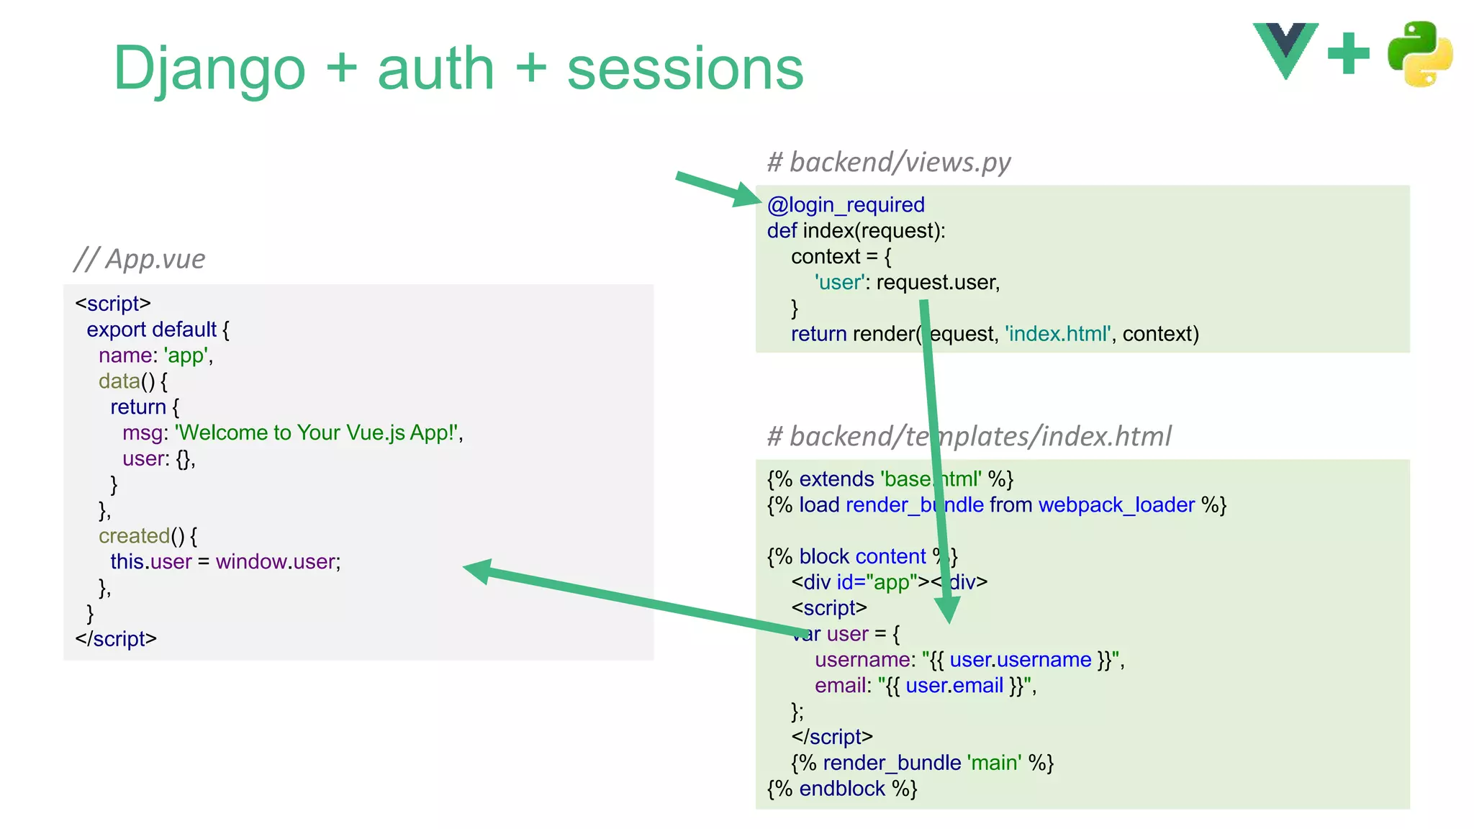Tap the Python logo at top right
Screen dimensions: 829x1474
click(x=1419, y=54)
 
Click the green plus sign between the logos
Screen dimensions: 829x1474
click(x=1348, y=53)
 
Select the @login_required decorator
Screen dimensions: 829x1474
click(x=846, y=205)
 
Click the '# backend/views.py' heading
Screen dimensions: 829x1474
click(x=888, y=162)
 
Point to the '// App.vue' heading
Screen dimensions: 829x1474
click(x=140, y=259)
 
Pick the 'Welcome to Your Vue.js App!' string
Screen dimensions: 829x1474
click(x=317, y=432)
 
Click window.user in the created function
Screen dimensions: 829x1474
click(x=277, y=561)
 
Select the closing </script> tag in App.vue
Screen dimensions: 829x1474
click(x=116, y=639)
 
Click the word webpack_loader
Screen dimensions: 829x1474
click(x=1116, y=505)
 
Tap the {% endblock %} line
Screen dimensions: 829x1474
click(x=841, y=789)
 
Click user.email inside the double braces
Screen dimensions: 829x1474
click(x=954, y=686)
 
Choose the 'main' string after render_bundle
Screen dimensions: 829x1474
click(x=994, y=763)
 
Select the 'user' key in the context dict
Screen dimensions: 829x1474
click(x=839, y=283)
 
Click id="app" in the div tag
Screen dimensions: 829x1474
click(x=877, y=582)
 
